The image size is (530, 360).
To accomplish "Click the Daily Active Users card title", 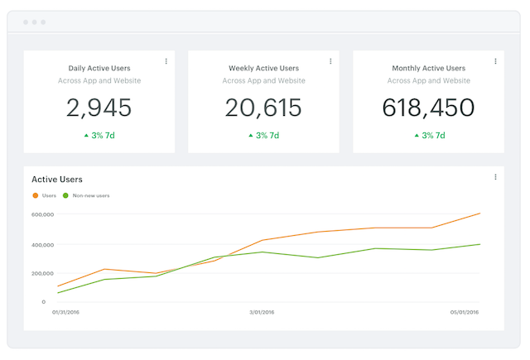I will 99,68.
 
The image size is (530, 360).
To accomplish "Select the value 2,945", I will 99,107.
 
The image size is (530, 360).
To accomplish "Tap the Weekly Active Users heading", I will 263,68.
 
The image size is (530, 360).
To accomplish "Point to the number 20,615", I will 263,107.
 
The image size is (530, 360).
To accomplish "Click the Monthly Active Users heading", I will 428,68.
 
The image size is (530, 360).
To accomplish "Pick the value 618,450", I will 428,107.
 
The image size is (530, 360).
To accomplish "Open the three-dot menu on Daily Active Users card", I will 166,61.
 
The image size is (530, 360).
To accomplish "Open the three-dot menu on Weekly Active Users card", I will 330,61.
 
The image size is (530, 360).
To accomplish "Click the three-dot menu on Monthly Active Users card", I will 495,61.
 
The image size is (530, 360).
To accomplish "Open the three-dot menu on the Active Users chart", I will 495,177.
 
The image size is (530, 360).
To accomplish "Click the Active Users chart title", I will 57,179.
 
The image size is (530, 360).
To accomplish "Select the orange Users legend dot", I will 35,195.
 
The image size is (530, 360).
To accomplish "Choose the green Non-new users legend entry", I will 86,195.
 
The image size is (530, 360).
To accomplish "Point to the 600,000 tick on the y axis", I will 42,214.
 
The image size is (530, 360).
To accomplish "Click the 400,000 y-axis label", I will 42,245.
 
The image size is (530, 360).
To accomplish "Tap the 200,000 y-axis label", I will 42,273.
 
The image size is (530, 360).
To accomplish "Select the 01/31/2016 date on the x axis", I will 65,313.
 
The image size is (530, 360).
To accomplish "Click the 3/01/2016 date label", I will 262,313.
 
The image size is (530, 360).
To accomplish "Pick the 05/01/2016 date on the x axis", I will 465,313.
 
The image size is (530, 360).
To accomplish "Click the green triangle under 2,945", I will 86,135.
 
